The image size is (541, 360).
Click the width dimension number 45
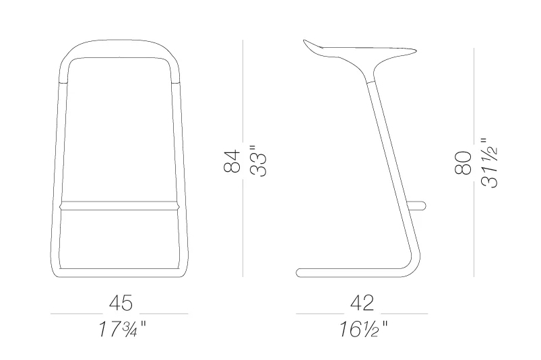tap(119, 302)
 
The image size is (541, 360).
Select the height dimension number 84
tap(232, 161)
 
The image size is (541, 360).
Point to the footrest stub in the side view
tap(419, 204)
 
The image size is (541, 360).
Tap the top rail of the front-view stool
tap(119, 43)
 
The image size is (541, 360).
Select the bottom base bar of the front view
tap(119, 274)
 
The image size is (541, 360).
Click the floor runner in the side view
tap(337, 272)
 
